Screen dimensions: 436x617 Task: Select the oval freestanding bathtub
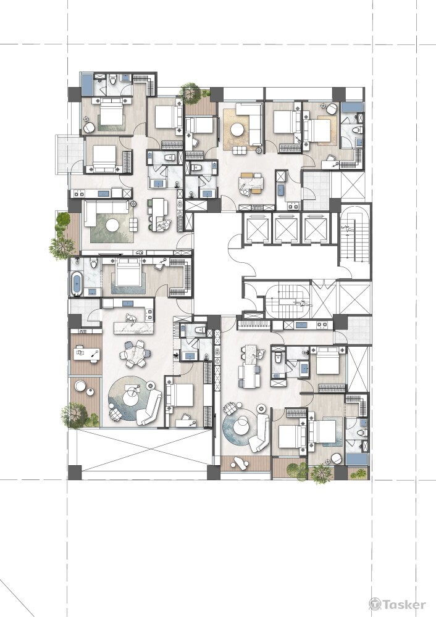(77, 283)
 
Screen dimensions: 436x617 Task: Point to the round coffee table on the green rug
(112, 225)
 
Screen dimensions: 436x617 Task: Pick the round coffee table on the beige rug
(238, 130)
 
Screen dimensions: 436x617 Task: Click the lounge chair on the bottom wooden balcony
(239, 463)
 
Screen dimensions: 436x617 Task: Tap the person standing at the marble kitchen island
(130, 320)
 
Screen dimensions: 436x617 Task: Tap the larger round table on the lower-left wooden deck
(80, 386)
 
